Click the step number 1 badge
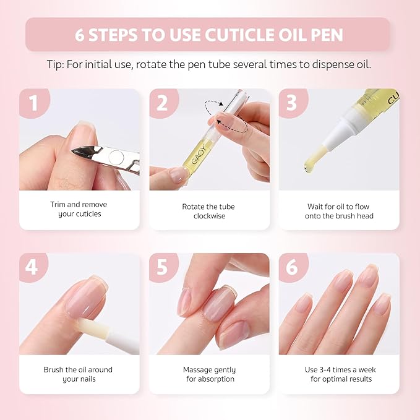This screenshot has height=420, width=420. [33, 103]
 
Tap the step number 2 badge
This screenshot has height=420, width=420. [163, 103]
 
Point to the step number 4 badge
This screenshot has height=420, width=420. [33, 267]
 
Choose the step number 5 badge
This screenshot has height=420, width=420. [163, 267]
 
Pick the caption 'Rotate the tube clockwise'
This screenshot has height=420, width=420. [208, 211]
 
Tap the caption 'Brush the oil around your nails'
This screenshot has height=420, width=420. [78, 374]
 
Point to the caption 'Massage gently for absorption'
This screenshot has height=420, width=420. [209, 374]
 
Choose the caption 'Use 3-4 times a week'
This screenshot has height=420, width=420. [341, 374]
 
